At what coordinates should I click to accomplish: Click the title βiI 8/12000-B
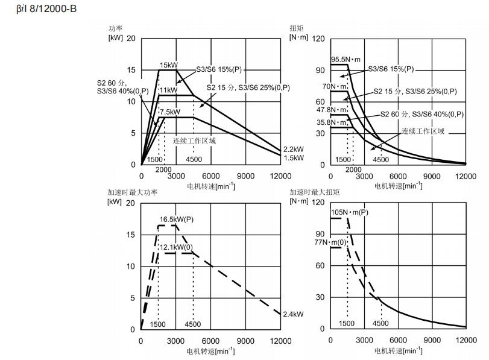coord(46,8)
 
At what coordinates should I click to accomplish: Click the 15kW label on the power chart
coord(168,65)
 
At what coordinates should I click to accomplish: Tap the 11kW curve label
coord(168,90)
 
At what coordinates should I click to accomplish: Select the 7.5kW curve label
coord(170,112)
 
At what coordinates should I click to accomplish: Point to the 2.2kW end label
coord(294,149)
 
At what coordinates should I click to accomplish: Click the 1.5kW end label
coord(294,158)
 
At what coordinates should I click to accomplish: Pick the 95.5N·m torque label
coord(345,60)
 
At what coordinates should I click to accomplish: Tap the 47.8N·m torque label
coord(331,110)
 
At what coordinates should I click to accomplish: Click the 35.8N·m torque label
coord(331,122)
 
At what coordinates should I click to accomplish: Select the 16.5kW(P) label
coord(177,219)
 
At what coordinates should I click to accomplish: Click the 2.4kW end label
coord(293,314)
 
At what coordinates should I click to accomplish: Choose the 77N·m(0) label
coord(330,242)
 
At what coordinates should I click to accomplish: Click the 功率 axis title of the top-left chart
coord(115,29)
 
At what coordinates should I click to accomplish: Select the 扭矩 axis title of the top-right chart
coord(296,28)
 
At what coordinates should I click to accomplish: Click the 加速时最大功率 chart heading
coord(133,192)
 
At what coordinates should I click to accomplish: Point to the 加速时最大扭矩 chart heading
coord(314,192)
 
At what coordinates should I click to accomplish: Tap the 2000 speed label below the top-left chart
coord(163,169)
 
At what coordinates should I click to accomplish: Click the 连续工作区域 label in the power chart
coord(194,141)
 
